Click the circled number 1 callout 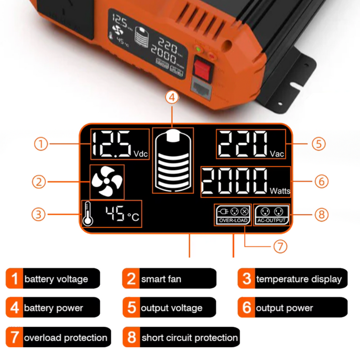click(x=41, y=144)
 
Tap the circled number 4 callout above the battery click(x=172, y=98)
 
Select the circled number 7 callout click(x=280, y=246)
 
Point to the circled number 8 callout click(x=322, y=214)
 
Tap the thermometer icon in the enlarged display click(x=87, y=214)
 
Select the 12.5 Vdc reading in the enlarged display click(x=119, y=144)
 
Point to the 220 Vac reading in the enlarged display click(x=251, y=144)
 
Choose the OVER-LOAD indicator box click(x=232, y=215)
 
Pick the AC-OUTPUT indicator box click(x=272, y=215)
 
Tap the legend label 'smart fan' click(x=161, y=278)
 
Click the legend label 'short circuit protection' click(x=189, y=338)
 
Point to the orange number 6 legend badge click(x=247, y=308)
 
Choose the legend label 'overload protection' click(x=65, y=338)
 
